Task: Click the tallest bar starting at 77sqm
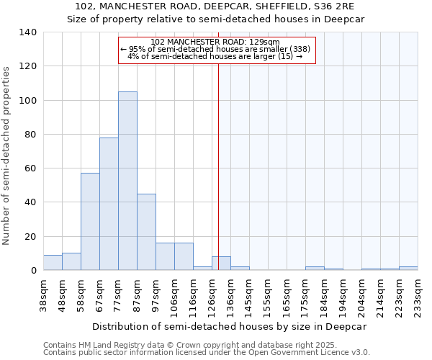point(127,181)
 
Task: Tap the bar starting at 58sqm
point(90,222)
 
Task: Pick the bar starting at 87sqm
point(146,232)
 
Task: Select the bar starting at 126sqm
point(221,264)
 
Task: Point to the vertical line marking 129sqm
point(218,166)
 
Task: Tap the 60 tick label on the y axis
point(30,168)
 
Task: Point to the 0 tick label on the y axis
point(33,271)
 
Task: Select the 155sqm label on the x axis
point(268,296)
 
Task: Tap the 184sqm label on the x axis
point(324,296)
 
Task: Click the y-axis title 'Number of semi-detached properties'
point(6,155)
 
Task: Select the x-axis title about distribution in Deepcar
point(230,326)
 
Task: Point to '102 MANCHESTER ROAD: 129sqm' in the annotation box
point(216,42)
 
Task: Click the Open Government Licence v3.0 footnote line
point(207,352)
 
